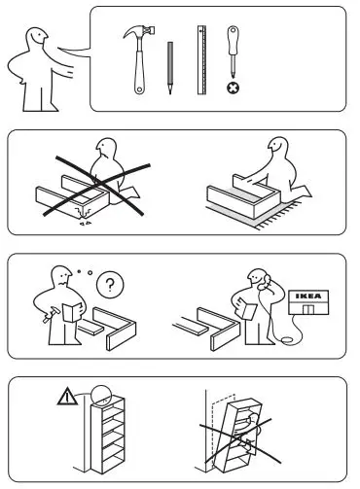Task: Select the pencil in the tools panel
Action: (x=169, y=68)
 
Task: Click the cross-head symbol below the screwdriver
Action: (x=233, y=87)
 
